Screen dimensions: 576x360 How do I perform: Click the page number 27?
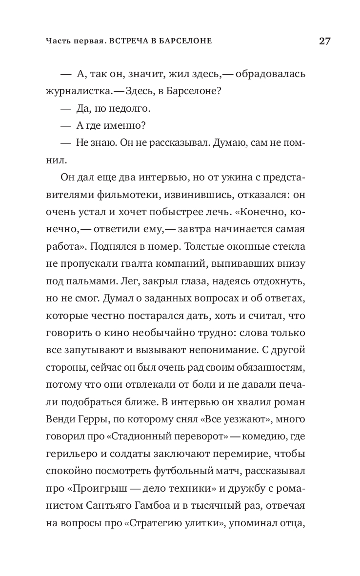[x=325, y=41]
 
